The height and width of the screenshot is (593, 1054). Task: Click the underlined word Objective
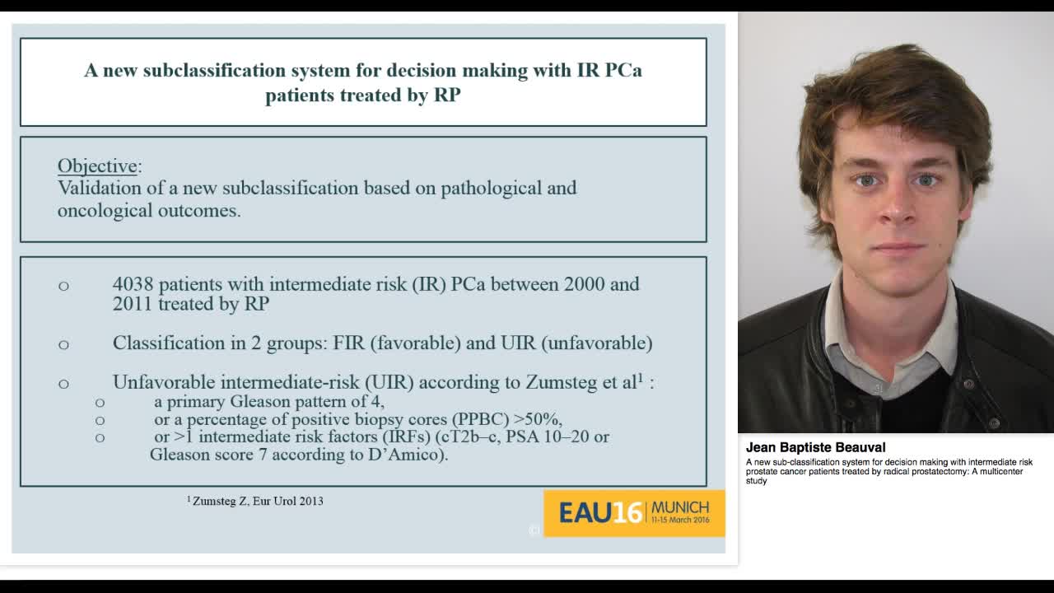(x=97, y=166)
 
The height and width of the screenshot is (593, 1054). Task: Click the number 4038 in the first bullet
(x=133, y=284)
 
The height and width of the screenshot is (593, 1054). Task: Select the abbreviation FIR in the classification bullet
(x=349, y=343)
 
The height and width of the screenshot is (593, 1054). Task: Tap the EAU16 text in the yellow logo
(x=600, y=513)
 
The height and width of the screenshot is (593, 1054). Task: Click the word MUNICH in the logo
(x=679, y=507)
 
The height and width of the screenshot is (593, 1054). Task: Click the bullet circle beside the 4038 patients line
(x=63, y=286)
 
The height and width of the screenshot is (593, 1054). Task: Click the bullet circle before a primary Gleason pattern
(x=100, y=403)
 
